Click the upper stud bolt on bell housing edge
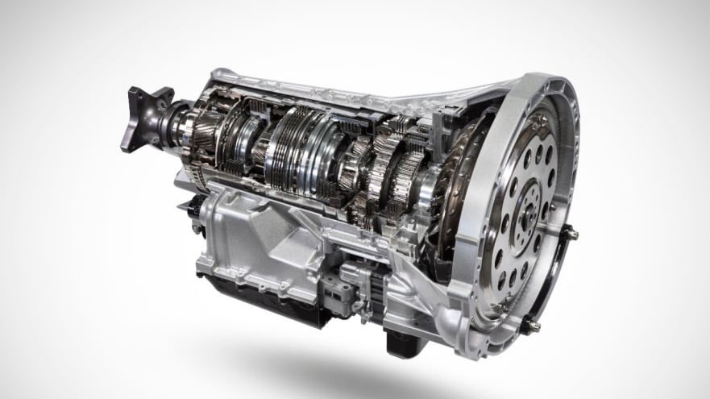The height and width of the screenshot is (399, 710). [571, 234]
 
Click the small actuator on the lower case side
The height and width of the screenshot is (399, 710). [355, 278]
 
